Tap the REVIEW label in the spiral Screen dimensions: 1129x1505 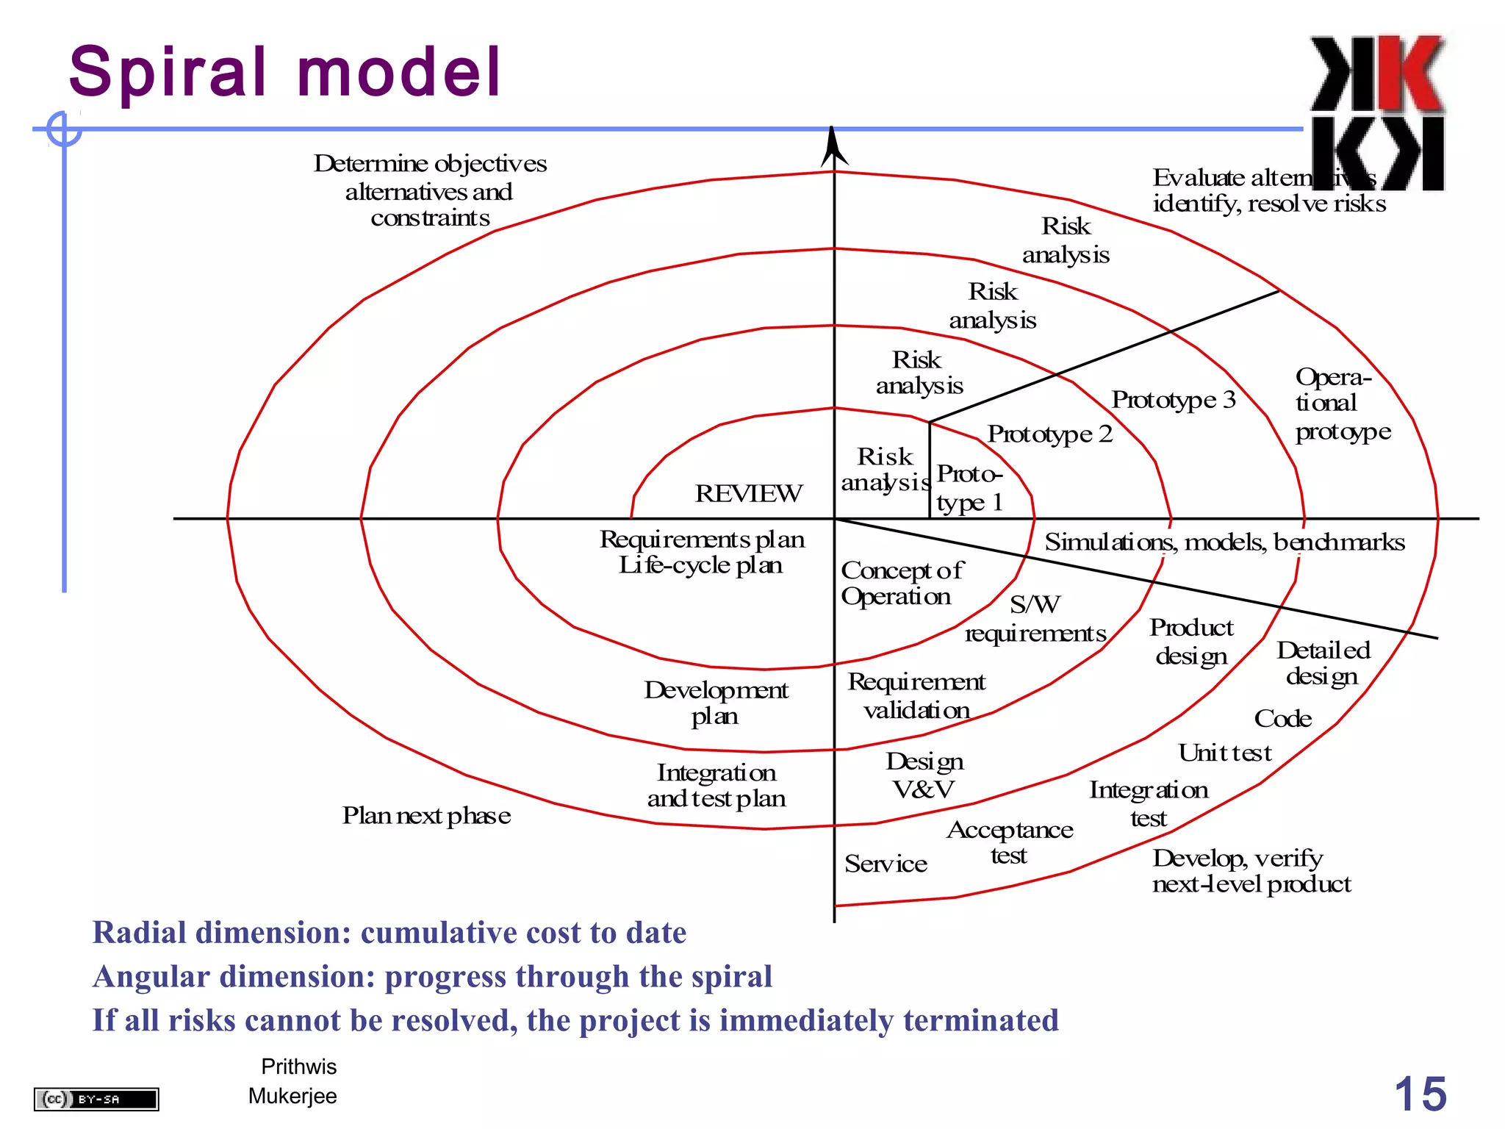point(748,493)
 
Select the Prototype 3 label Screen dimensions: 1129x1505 point(1173,399)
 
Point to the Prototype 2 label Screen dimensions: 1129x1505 point(1049,434)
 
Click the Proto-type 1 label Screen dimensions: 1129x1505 point(969,488)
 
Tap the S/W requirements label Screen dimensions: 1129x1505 point(1035,619)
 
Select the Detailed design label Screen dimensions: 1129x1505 point(1323,663)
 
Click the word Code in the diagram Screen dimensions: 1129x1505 point(1282,718)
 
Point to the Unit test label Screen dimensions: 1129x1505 point(1224,753)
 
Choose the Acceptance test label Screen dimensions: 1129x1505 point(1010,842)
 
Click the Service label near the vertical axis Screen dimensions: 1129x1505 point(886,864)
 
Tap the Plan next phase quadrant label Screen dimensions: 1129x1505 point(426,815)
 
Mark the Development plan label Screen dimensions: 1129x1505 point(716,703)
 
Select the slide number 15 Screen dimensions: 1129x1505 point(1420,1094)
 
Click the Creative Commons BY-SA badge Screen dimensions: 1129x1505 point(96,1099)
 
